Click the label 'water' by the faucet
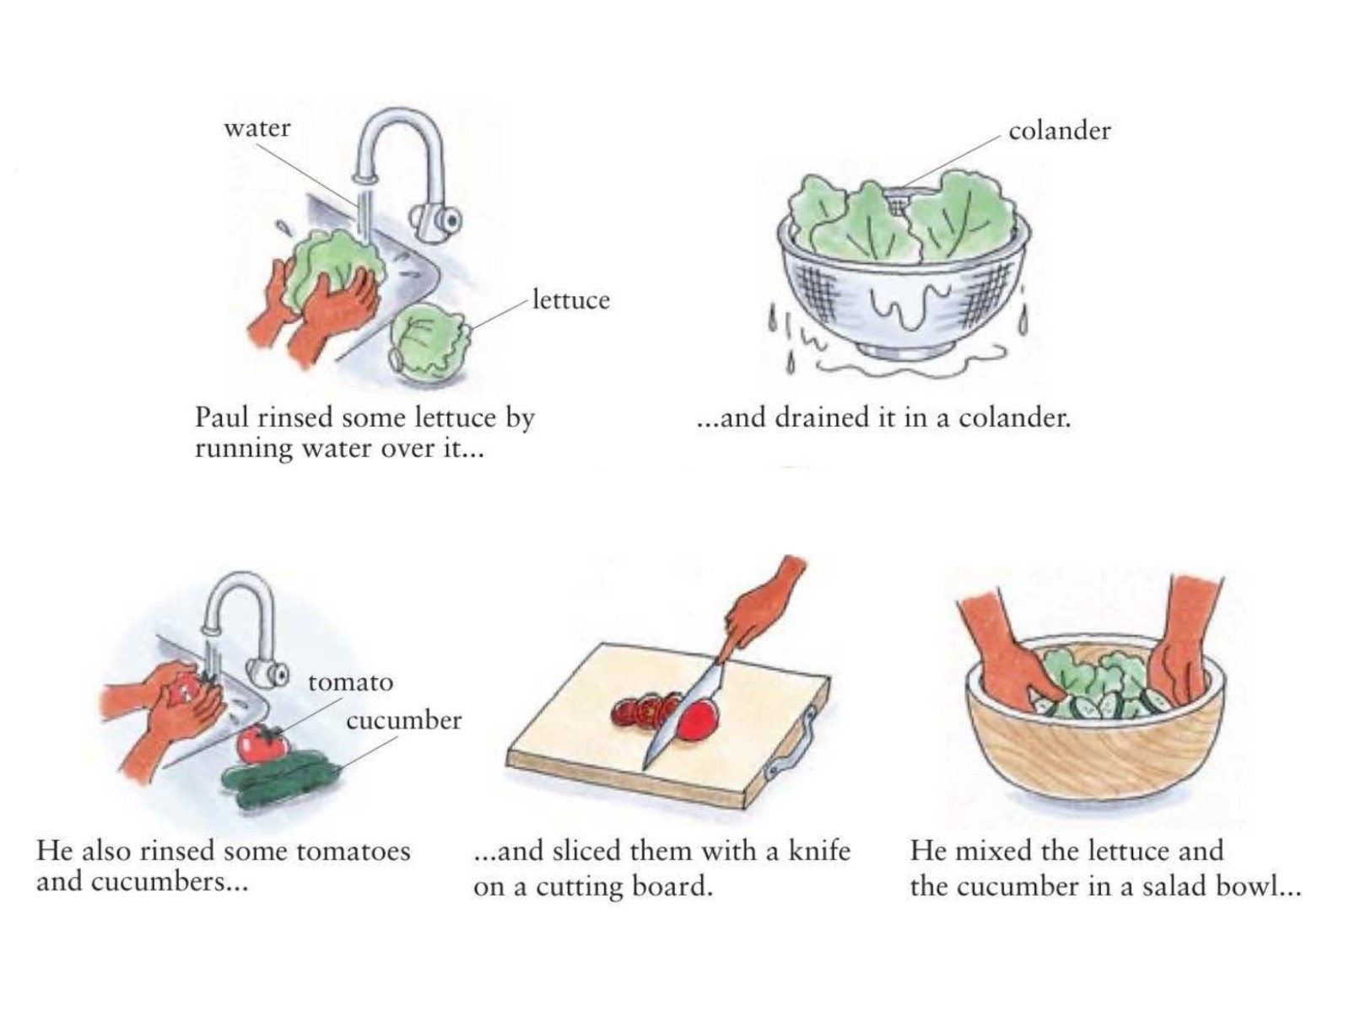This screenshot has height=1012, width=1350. tap(257, 128)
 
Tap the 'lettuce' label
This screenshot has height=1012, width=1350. tap(570, 300)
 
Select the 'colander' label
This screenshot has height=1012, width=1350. tap(1059, 131)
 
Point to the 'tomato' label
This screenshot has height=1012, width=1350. tap(350, 682)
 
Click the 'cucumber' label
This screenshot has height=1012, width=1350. tap(403, 720)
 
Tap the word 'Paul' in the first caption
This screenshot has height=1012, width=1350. tap(220, 417)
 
